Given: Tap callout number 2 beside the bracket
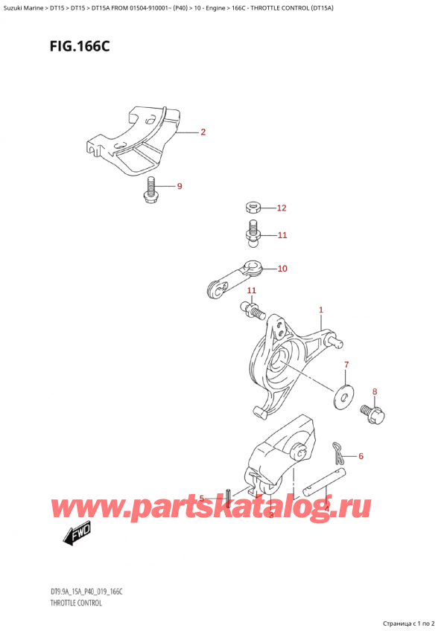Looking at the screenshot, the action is tap(203, 133).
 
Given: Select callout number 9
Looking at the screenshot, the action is tap(180, 186).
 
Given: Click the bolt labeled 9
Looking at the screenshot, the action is tap(150, 190).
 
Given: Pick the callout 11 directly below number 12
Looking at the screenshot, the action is tap(281, 236).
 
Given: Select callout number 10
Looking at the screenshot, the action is tap(282, 269).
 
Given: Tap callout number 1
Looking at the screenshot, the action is tap(320, 310).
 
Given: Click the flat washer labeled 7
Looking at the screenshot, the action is tap(344, 394).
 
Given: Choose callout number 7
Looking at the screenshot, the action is tap(346, 365).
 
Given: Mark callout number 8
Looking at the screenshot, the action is tap(375, 391).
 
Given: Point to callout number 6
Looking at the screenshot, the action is tap(361, 456).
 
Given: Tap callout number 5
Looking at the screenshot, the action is tap(202, 499).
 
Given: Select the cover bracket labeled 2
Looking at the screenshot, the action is tap(138, 141).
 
